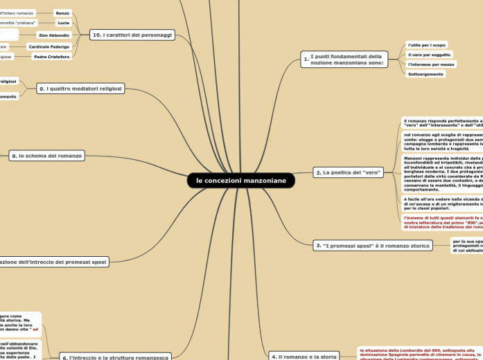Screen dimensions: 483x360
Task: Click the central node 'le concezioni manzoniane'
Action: point(240,181)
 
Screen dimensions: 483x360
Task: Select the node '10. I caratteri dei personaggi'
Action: point(132,35)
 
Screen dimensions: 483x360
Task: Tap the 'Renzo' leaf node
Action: point(62,13)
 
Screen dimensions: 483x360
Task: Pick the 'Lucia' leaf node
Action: point(63,23)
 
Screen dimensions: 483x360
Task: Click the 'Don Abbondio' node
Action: point(53,35)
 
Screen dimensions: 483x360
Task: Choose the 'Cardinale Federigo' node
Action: point(49,46)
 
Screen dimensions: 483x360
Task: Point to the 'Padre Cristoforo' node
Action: point(52,57)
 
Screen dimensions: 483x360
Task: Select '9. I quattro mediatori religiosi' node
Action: point(80,89)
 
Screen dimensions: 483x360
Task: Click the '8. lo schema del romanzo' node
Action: point(47,156)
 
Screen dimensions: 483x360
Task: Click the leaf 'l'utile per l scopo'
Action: point(427,45)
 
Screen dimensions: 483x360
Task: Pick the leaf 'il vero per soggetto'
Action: point(429,55)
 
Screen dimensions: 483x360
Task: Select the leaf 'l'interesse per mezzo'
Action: point(431,64)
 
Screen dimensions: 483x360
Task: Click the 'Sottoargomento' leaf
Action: point(425,73)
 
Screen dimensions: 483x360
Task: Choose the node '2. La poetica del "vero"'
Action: point(348,172)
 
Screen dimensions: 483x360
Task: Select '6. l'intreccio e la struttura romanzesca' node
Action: point(115,357)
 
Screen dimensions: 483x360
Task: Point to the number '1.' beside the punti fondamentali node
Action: point(306,60)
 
